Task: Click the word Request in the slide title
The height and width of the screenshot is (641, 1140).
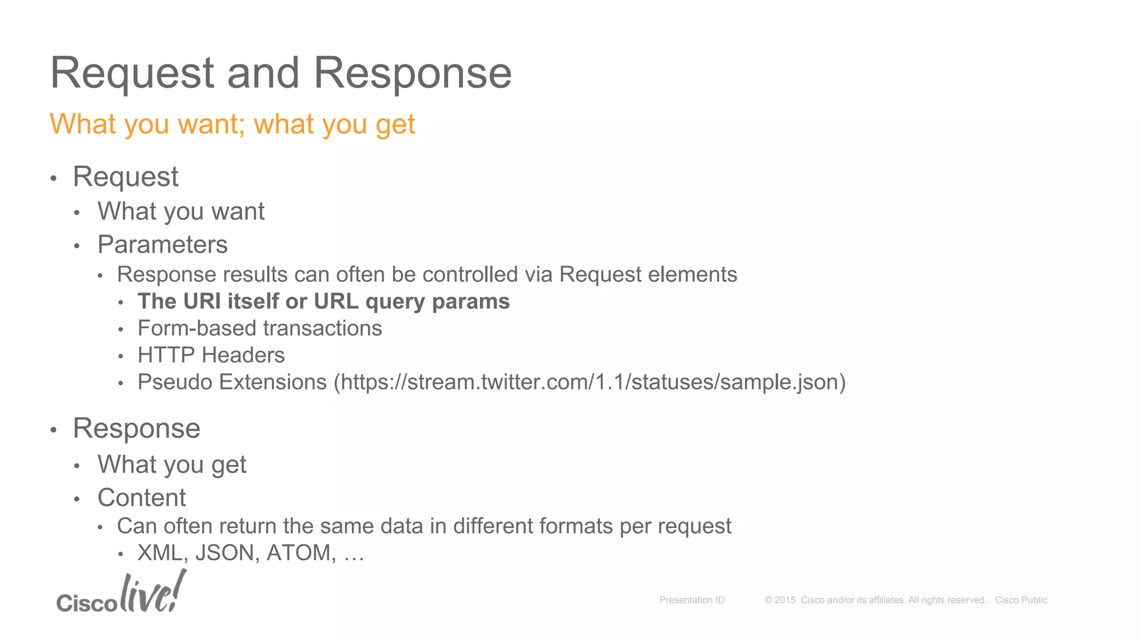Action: point(132,73)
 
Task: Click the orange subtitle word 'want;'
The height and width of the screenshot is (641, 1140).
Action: point(211,124)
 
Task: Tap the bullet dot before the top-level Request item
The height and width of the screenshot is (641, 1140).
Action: point(53,179)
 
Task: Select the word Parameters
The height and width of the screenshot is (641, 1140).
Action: point(163,245)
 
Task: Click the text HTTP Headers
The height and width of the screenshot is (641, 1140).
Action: point(211,355)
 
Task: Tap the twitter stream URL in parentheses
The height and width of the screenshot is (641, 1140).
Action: point(589,382)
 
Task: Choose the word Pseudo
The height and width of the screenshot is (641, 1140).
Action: point(175,382)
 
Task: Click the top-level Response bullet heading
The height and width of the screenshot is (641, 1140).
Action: point(136,428)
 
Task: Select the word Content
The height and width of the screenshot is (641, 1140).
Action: point(141,497)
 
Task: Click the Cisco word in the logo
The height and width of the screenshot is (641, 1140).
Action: point(87,603)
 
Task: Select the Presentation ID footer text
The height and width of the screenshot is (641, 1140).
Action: point(692,600)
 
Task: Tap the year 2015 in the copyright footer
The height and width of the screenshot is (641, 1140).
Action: point(785,600)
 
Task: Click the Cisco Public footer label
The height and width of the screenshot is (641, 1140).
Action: point(1021,600)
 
